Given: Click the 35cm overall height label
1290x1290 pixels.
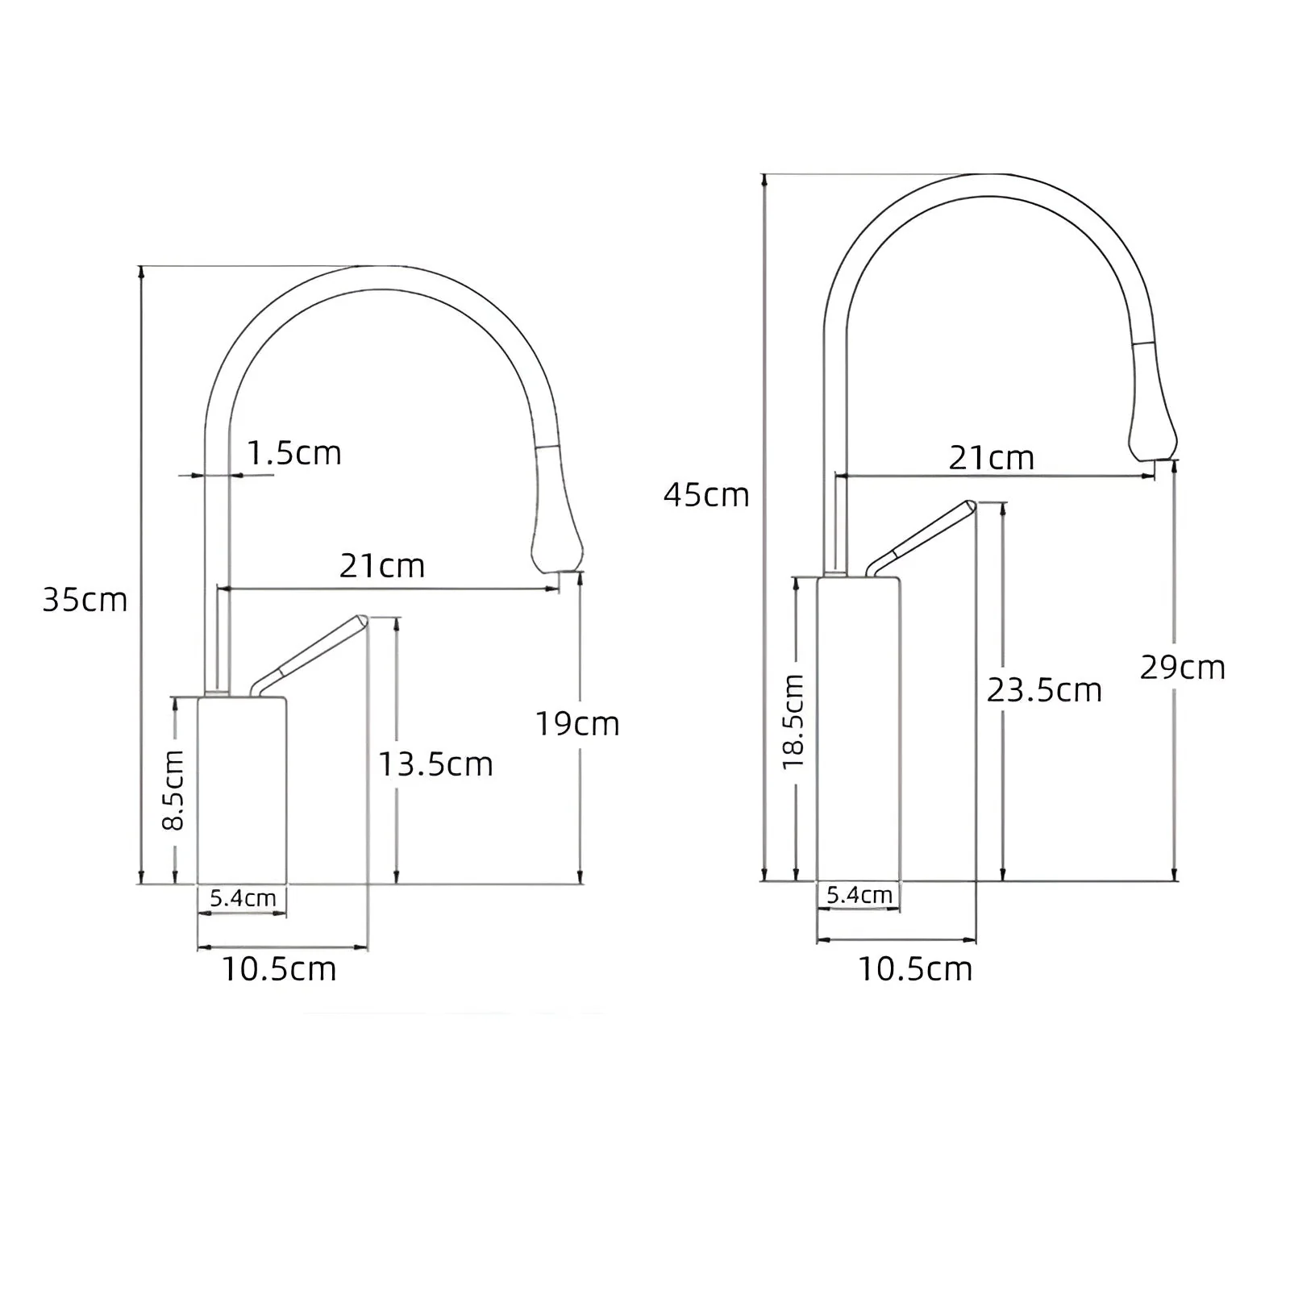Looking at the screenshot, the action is coord(85,600).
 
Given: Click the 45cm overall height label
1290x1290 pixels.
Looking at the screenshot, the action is coord(706,494).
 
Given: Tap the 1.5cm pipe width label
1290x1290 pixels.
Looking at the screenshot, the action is coord(293,453).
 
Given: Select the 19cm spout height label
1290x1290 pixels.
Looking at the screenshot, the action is coord(577,724).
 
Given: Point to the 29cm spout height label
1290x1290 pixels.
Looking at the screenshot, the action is coord(1183,668).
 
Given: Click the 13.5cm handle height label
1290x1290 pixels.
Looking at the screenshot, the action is coord(435,764).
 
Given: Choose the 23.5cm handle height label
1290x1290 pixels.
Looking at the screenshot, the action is coord(1044,690).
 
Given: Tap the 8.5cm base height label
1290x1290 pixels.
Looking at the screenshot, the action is coord(173,790).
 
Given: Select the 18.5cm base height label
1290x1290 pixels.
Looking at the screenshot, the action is coord(793,722).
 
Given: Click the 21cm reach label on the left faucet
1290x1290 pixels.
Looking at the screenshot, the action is coord(381,566).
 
